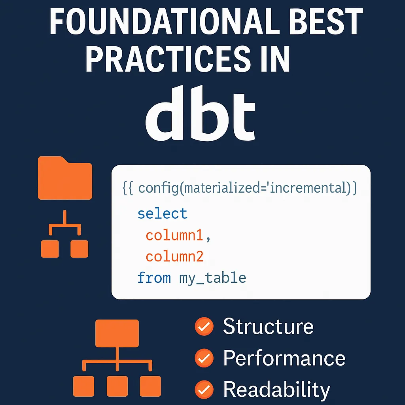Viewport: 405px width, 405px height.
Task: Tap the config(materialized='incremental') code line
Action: click(x=240, y=188)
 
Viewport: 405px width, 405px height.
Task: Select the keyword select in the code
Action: click(x=162, y=214)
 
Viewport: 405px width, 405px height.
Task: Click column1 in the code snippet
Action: click(x=174, y=236)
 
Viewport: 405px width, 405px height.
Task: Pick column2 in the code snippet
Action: click(x=174, y=257)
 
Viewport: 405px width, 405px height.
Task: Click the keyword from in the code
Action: click(x=153, y=278)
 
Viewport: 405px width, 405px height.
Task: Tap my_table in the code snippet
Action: click(x=212, y=278)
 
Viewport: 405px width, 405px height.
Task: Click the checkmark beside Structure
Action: click(x=204, y=327)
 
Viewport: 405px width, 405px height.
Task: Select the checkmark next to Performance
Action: click(x=204, y=358)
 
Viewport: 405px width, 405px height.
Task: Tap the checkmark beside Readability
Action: click(x=204, y=390)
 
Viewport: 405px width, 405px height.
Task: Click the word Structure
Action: click(x=268, y=327)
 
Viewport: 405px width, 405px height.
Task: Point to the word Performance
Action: click(x=284, y=358)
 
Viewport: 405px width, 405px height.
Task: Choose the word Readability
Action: click(x=276, y=390)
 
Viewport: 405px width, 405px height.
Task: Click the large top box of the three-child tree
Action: click(x=117, y=333)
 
